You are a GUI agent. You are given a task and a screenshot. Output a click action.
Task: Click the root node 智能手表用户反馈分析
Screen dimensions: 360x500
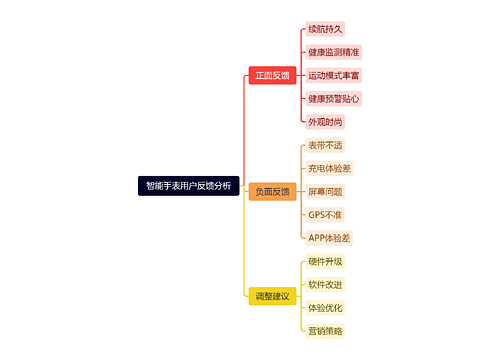pos(188,185)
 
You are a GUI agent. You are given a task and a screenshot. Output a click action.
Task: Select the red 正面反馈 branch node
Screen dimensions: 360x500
pos(272,75)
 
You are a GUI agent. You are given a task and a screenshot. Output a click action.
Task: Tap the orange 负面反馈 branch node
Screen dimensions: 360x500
pos(272,191)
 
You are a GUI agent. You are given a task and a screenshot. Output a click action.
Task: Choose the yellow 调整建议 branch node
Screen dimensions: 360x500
pos(272,296)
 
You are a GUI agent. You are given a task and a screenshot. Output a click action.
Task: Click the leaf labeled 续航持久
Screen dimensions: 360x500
pos(325,29)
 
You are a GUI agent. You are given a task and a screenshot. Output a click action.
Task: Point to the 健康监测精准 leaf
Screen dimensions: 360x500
pos(334,52)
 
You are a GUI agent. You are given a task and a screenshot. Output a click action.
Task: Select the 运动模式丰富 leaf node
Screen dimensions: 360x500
pos(334,75)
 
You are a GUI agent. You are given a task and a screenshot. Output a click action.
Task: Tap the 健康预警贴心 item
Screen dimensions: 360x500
pos(334,98)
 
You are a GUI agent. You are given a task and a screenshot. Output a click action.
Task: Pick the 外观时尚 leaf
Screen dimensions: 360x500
pos(325,121)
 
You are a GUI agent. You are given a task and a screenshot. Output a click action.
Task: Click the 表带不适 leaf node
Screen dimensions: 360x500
pos(325,145)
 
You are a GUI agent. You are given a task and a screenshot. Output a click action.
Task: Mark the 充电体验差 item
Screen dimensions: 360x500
pos(329,168)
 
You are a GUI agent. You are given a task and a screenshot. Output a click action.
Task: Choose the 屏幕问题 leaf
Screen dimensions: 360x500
pos(325,191)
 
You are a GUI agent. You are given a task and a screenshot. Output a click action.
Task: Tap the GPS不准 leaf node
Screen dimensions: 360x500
pos(325,214)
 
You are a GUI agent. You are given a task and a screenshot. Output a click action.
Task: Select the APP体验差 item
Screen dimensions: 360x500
pos(329,238)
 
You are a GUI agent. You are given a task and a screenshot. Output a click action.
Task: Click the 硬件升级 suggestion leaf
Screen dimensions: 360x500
pos(325,261)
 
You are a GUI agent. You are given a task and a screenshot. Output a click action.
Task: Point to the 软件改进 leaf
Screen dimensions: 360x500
pos(325,284)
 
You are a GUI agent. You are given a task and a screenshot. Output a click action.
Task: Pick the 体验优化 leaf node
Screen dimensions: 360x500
pos(325,307)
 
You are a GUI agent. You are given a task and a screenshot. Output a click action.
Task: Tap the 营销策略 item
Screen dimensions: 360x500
pos(325,331)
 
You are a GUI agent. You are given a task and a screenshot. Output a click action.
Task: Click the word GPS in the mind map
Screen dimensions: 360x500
pos(317,214)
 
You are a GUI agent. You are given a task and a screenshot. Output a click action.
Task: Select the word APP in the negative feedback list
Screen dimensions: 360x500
pos(318,238)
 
